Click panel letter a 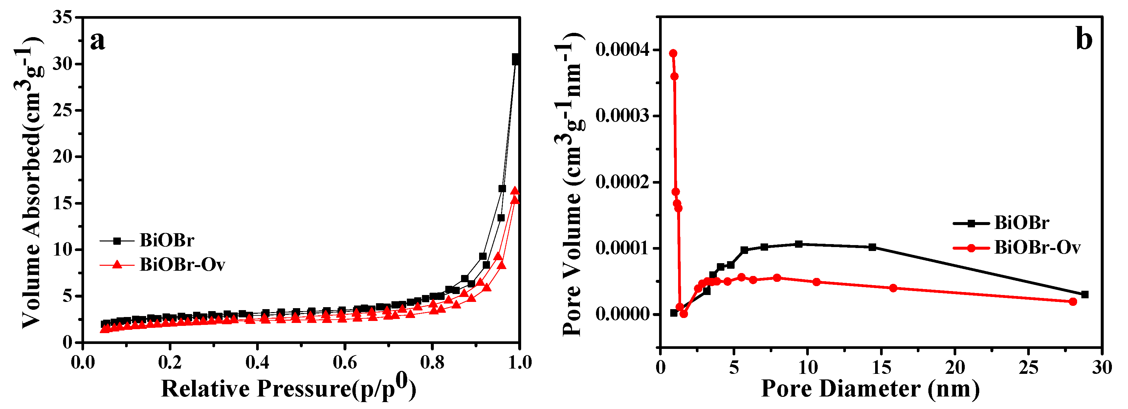click(98, 42)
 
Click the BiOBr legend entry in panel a click(166, 240)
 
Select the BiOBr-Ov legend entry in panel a click(182, 264)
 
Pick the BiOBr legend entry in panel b click(1021, 223)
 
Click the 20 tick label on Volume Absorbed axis click(62, 157)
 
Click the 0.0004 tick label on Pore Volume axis click(622, 50)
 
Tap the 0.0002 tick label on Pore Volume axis click(622, 182)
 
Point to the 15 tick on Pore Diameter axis click(881, 367)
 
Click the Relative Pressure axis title click(288, 388)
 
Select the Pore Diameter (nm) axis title click(871, 388)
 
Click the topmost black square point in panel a click(516, 58)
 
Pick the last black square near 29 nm click(1085, 295)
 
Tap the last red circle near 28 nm click(1073, 302)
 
